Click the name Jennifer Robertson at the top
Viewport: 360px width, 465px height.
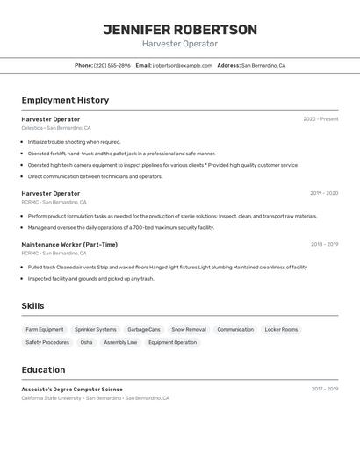click(x=180, y=30)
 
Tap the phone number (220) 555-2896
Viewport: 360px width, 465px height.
click(x=112, y=65)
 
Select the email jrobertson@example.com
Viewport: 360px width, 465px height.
click(x=183, y=65)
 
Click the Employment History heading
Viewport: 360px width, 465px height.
click(x=65, y=100)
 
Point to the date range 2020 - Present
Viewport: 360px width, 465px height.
click(x=320, y=119)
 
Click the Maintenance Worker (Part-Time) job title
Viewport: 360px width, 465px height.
click(x=69, y=245)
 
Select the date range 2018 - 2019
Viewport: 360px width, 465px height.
click(x=324, y=245)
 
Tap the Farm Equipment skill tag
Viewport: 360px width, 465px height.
click(x=45, y=330)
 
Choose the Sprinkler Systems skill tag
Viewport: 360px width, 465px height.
click(x=95, y=330)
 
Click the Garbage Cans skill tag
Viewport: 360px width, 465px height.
click(x=144, y=330)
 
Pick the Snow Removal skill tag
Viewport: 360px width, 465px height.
click(x=189, y=330)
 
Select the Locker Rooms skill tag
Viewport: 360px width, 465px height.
click(x=281, y=330)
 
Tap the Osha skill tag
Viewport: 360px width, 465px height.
click(x=86, y=343)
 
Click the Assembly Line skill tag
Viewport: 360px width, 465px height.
click(x=120, y=343)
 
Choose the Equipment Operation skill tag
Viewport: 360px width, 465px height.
click(x=172, y=343)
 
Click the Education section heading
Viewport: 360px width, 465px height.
click(x=43, y=370)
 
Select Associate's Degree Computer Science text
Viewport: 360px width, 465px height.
click(x=72, y=390)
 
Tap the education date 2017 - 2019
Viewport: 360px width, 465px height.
click(x=324, y=389)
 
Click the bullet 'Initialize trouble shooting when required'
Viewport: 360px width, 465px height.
click(x=74, y=141)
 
